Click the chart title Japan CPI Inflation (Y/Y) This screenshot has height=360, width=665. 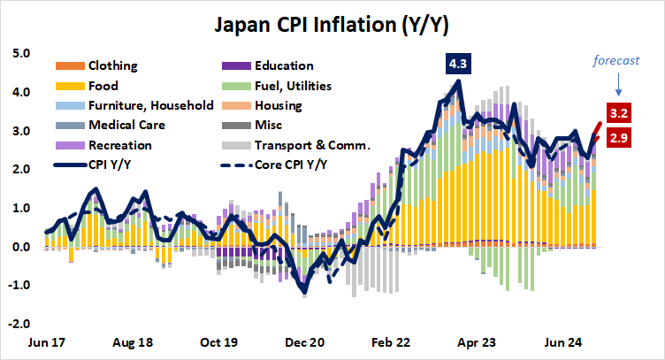[x=332, y=23]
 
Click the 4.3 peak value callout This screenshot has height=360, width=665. [x=459, y=65]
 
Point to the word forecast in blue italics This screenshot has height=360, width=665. [x=616, y=61]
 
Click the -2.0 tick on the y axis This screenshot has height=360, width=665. [x=19, y=324]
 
